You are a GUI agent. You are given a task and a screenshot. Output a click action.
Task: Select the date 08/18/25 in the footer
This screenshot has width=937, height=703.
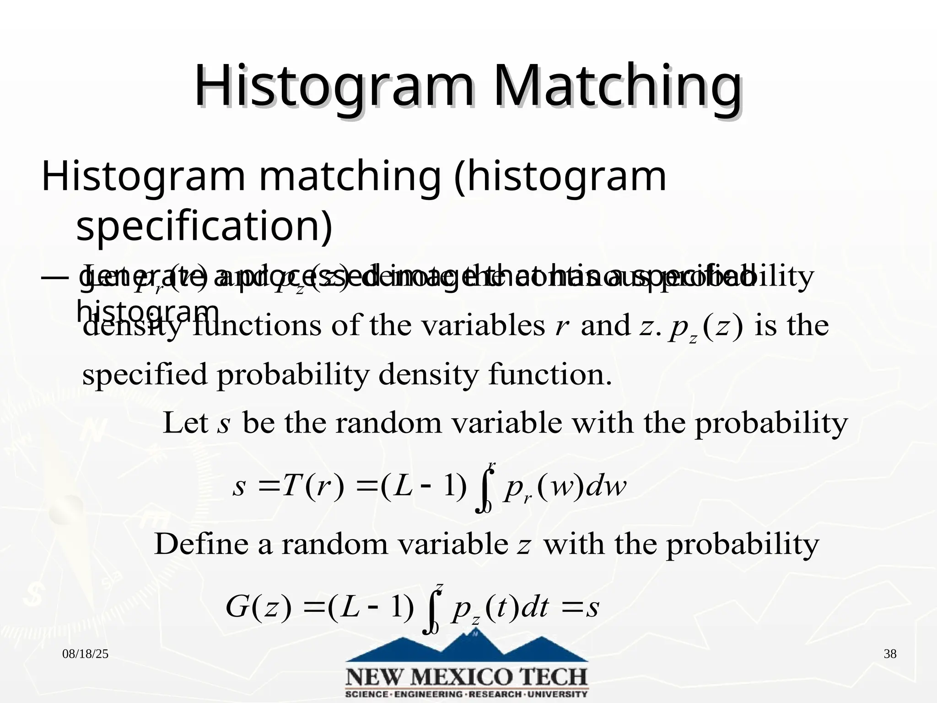click(x=86, y=654)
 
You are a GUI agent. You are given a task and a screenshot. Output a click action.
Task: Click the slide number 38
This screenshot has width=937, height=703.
click(x=890, y=654)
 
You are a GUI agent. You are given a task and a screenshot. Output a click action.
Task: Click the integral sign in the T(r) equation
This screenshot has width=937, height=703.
click(x=486, y=487)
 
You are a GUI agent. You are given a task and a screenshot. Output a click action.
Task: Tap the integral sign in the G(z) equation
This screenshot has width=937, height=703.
click(x=433, y=609)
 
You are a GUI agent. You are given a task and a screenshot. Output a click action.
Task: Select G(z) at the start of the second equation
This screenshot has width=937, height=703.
click(x=258, y=608)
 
